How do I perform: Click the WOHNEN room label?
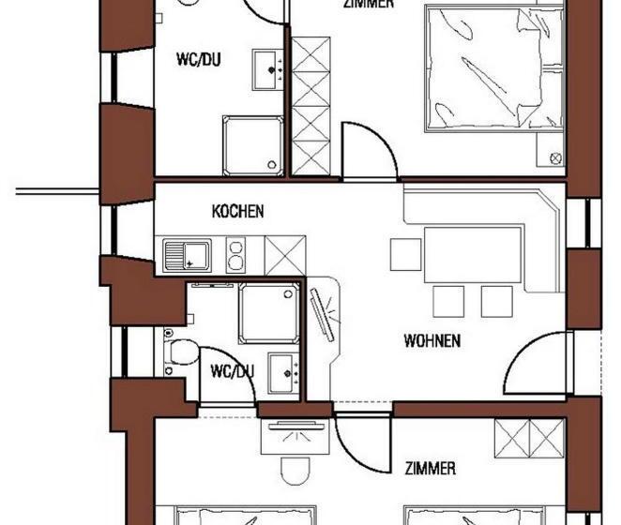432,340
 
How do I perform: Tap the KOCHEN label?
237,212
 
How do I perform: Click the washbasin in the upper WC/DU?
270,67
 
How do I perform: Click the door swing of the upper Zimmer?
367,150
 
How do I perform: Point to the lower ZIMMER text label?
431,468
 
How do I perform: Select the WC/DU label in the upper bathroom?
200,61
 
